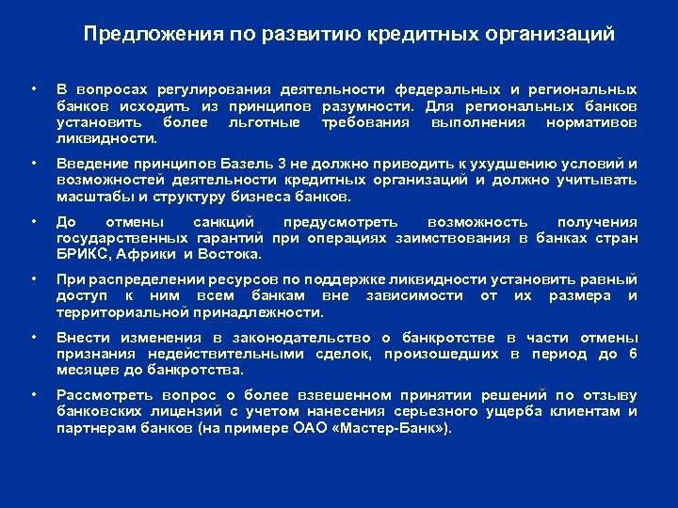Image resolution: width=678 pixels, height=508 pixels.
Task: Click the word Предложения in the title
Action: pos(142,35)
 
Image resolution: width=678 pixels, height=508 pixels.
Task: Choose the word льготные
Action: pos(265,122)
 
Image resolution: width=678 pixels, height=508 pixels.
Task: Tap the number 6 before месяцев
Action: pos(633,354)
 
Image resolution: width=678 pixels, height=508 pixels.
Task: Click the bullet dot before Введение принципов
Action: pos(35,164)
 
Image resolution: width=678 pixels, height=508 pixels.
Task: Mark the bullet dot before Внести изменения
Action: pos(35,337)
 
